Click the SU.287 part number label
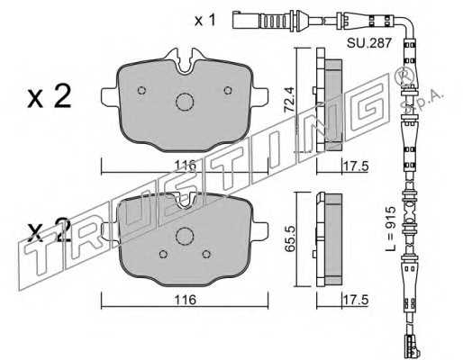coord(369,43)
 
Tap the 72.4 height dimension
coord(290,100)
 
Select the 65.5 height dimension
coord(290,239)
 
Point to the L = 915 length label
coord(391,229)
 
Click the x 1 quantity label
coord(205,21)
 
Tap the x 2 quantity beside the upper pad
coord(50,96)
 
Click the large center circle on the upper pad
coord(185,102)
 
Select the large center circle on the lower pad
coord(185,236)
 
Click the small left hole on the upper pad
coord(141,90)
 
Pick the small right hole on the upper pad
coord(228,90)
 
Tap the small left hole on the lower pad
coord(163,255)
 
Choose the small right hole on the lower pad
coord(206,255)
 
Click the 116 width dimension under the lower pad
coord(186,300)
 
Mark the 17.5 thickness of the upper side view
coord(356,166)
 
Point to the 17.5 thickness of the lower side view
coord(356,300)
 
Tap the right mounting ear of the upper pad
coord(260,96)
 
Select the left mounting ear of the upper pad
coord(109,96)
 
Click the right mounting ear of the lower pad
coord(260,231)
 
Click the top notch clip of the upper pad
coord(185,61)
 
